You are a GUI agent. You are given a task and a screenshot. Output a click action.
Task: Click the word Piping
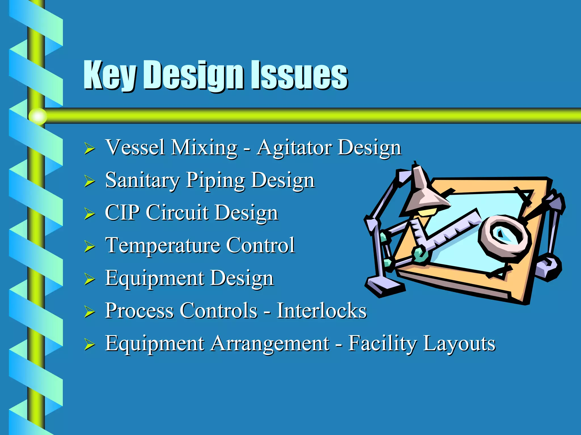215,181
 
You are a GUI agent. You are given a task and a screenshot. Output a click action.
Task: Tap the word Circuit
177,213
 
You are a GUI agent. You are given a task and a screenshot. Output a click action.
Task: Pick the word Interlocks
321,311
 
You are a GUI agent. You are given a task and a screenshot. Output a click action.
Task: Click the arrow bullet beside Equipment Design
89,279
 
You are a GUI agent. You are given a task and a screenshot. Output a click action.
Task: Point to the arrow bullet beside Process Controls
89,312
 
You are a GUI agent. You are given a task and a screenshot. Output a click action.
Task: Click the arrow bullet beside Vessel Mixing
89,149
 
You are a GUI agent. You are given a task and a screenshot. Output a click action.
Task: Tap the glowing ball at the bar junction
38,116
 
